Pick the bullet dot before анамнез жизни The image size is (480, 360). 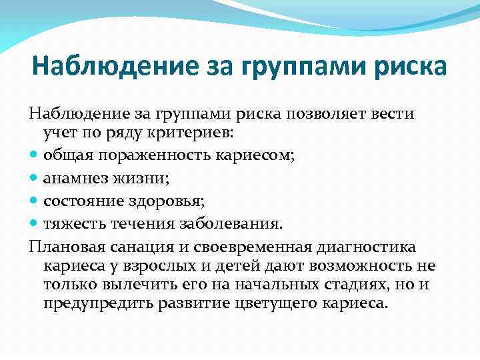pos(34,179)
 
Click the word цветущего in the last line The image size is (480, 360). pos(273,303)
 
